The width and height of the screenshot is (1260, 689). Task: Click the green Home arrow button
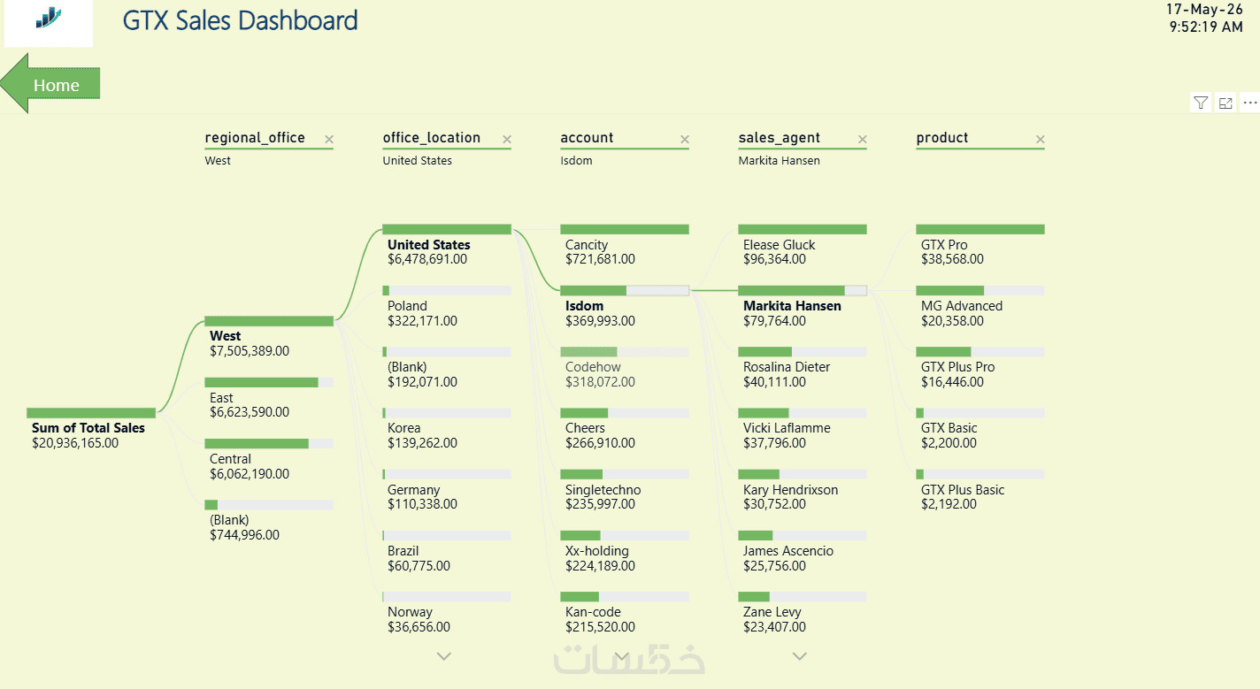point(50,84)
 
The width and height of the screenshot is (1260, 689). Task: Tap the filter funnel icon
point(1201,103)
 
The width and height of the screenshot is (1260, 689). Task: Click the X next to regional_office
point(329,139)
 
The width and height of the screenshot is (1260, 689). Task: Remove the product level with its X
point(1040,139)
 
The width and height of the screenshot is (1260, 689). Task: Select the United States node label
point(428,245)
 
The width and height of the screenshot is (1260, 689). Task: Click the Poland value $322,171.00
point(422,320)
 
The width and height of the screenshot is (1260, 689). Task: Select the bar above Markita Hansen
point(803,290)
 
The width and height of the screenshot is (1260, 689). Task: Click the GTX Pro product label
point(944,245)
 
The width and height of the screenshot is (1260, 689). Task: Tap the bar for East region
point(269,382)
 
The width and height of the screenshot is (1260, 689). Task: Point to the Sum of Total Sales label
point(88,428)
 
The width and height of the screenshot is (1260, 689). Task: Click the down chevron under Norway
point(444,656)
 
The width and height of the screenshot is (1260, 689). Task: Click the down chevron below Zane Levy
point(799,656)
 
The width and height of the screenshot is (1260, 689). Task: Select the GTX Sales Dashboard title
point(240,21)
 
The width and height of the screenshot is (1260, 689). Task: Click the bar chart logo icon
point(49,18)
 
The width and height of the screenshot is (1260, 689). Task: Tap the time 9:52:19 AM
point(1205,27)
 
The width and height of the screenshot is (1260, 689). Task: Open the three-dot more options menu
point(1250,103)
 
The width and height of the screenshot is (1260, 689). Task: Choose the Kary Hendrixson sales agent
point(790,489)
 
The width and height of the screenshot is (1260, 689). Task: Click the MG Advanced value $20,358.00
point(952,320)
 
